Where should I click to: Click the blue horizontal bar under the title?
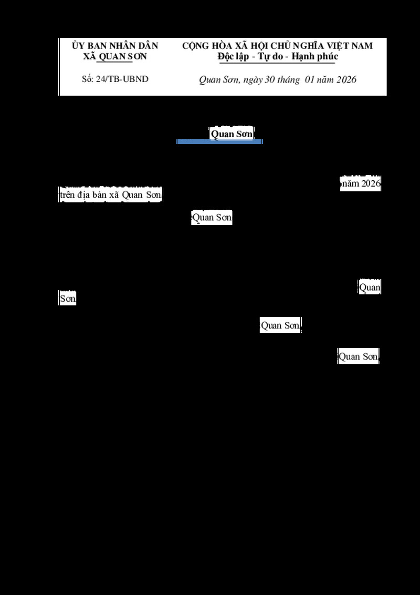click(x=219, y=141)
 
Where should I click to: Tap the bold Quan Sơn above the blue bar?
click(x=232, y=134)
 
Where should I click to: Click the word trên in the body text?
click(x=67, y=195)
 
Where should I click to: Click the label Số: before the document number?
click(x=88, y=79)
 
